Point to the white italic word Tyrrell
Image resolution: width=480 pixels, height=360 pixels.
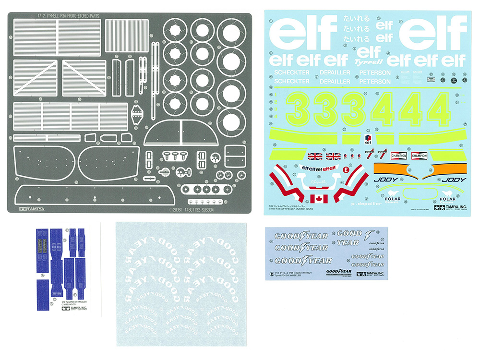pos(367,62)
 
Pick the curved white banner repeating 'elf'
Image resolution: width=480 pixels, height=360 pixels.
pos(317,168)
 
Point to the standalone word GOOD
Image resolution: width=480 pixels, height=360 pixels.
pos(349,234)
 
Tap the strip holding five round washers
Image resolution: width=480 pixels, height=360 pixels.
pos(204,189)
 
